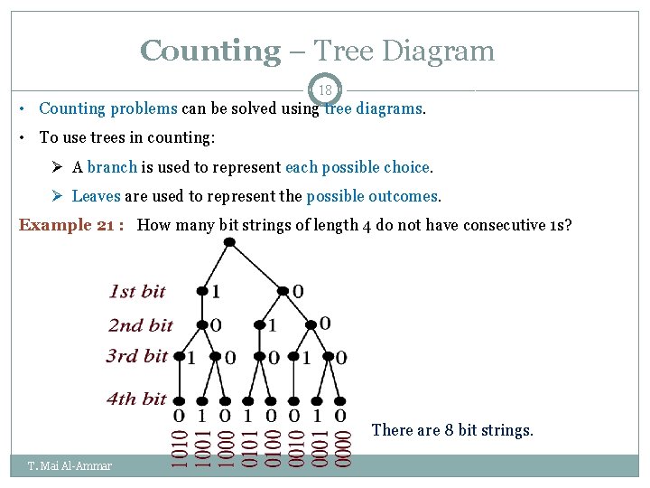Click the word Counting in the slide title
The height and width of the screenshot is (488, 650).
pos(210,51)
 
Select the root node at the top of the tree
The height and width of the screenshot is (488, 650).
pos(230,242)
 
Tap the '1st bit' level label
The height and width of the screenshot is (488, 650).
pos(137,291)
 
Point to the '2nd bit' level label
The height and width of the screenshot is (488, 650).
pos(141,324)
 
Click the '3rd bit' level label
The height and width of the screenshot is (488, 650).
pos(136,356)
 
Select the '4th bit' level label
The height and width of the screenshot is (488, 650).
pos(136,399)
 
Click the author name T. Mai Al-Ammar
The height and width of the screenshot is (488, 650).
pos(70,466)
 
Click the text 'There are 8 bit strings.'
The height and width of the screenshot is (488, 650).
pos(452,430)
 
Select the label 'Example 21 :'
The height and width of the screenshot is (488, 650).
pos(73,225)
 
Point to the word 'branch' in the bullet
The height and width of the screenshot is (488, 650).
pos(113,167)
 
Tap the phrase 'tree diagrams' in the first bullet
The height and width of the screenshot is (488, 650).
pos(373,108)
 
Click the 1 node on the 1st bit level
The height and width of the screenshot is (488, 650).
pos(202,292)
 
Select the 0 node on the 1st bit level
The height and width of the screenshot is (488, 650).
pos(283,292)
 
